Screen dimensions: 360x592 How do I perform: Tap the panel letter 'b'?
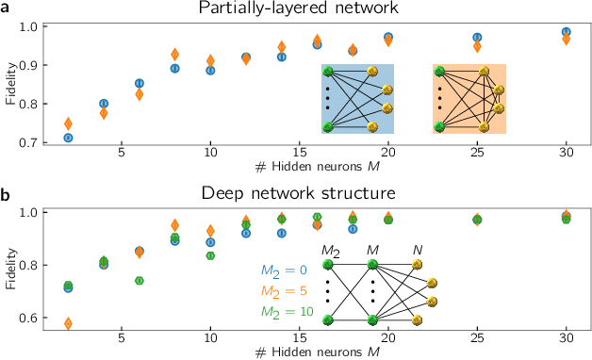point(7,194)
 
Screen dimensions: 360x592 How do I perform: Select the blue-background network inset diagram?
point(357,98)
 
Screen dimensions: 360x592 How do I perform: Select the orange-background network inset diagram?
point(469,98)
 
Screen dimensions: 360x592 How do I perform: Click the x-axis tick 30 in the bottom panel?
point(566,336)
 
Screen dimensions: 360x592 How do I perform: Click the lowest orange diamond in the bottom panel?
point(68,323)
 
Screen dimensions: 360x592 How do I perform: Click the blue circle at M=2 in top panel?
point(68,138)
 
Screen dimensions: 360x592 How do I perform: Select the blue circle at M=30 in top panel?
point(566,32)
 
